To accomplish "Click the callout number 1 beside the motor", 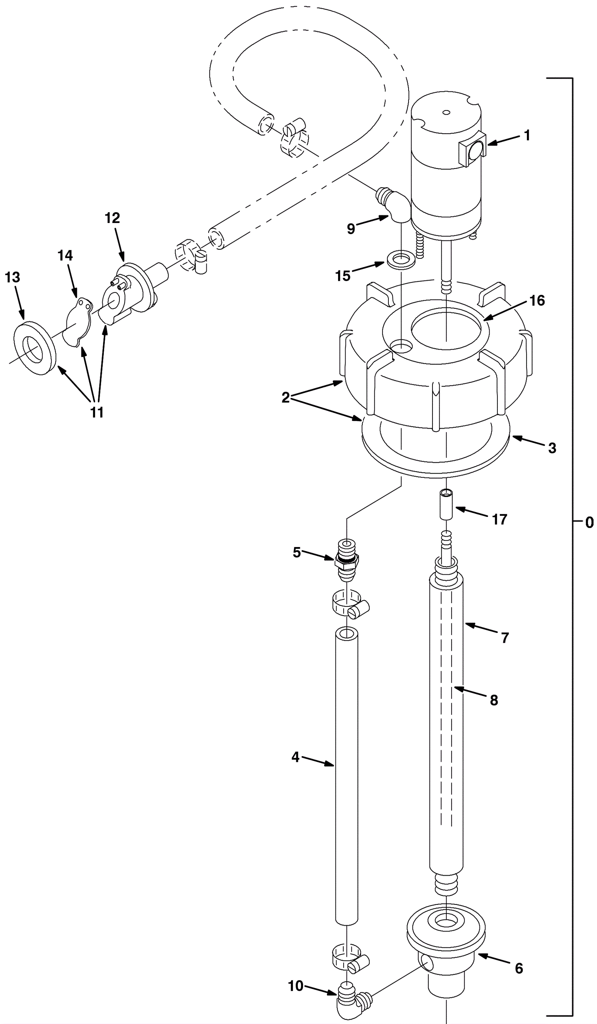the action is click(527, 135).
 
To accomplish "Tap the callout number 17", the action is click(500, 519).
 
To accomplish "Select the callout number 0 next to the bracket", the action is click(589, 522).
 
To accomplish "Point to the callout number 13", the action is click(12, 277).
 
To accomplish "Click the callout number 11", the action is click(97, 412).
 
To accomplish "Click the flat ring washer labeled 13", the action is click(35, 348).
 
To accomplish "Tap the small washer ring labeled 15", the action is click(401, 260).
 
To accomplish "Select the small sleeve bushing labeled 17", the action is click(446, 504).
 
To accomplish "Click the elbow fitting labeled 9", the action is click(393, 205).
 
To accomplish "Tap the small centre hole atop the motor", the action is click(446, 112).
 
